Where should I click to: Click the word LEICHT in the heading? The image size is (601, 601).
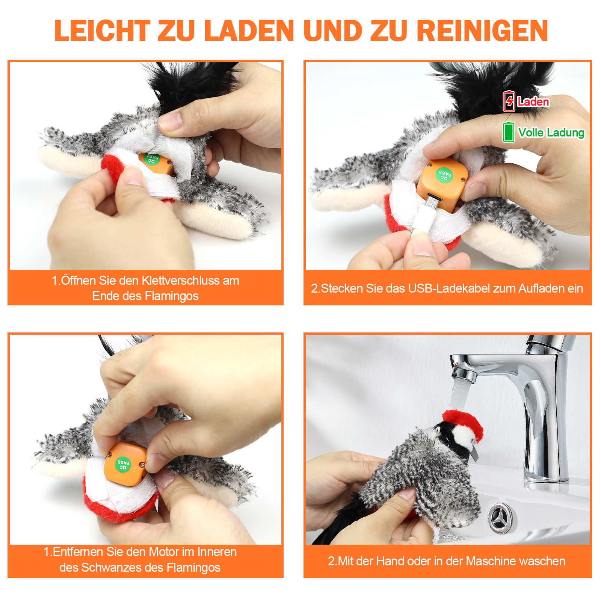pos(102,30)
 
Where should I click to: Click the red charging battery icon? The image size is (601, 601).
pos(509,101)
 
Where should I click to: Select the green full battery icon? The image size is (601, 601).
pos(509,132)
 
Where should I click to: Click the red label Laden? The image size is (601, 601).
pos(533,102)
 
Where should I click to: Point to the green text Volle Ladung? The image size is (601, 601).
pos(551,133)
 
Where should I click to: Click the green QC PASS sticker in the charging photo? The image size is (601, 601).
pos(444,175)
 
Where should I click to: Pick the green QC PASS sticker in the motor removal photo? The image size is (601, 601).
pos(123,463)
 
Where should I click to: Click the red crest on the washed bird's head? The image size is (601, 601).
pos(464,423)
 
